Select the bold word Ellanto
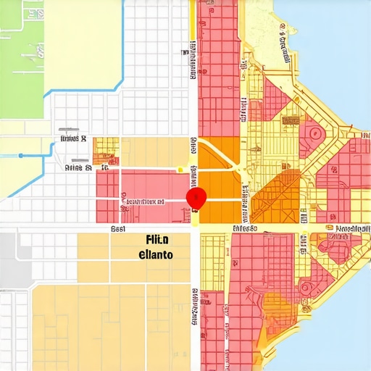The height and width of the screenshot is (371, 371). [x=155, y=255]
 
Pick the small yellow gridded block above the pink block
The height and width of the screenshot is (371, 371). [x=107, y=146]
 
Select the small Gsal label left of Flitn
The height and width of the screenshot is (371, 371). [x=118, y=228]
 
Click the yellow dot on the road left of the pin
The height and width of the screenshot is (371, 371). [x=179, y=170]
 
